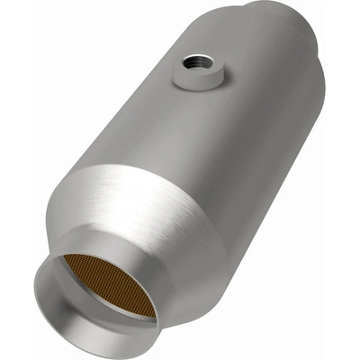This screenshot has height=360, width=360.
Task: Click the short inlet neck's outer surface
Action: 157,261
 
